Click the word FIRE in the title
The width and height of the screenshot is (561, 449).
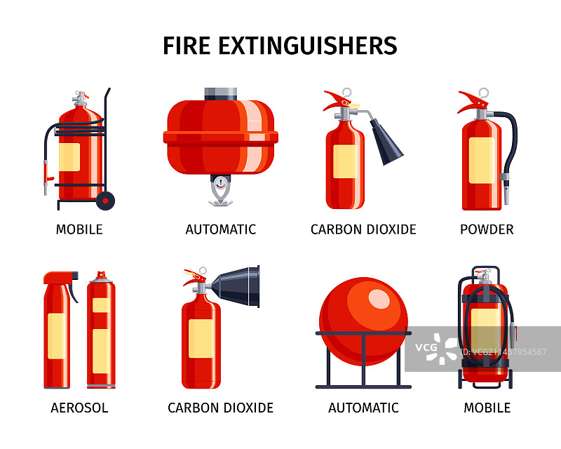[x=187, y=46]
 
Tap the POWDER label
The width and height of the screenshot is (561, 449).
[x=487, y=229]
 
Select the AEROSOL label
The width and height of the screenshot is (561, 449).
[x=79, y=408]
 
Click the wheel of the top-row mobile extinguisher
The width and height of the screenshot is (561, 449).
[x=106, y=201]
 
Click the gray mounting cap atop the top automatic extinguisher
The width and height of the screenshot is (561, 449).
[x=221, y=94]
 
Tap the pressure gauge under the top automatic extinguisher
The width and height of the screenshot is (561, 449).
[x=221, y=184]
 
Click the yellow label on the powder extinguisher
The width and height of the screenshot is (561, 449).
[x=482, y=161]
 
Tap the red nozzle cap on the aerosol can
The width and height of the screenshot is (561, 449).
[x=101, y=274]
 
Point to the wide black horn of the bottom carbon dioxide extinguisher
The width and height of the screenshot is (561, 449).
[x=236, y=286]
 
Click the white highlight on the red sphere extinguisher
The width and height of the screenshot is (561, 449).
[x=379, y=299]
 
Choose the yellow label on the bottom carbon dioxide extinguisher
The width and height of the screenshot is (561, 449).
[x=201, y=338]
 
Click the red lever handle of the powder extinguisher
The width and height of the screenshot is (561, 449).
[x=473, y=101]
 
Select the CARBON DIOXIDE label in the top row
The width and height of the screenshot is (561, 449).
[x=363, y=229]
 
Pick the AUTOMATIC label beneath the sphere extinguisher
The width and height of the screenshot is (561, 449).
[x=363, y=408]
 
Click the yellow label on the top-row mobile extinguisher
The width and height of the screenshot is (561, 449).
[x=69, y=157]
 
